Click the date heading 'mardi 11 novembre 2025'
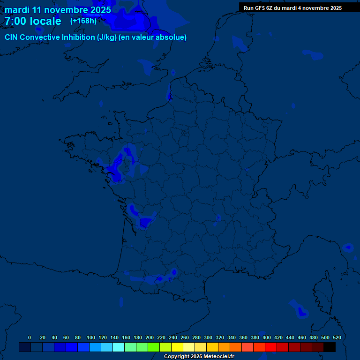(x=58, y=10)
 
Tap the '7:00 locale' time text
(x=33, y=21)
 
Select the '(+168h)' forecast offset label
(x=83, y=21)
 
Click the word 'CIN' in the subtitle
(x=11, y=37)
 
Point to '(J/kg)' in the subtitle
(x=108, y=37)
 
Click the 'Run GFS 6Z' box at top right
(x=292, y=8)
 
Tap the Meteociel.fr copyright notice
(x=199, y=356)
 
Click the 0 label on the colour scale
(x=30, y=337)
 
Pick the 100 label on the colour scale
(x=91, y=337)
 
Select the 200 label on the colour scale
(x=150, y=337)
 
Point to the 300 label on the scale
(x=208, y=337)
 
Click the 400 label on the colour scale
(x=267, y=337)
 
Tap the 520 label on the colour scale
(x=337, y=337)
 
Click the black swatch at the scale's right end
(x=330, y=347)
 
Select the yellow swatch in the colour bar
(x=177, y=347)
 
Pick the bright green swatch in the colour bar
(x=154, y=347)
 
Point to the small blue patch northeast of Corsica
(x=348, y=247)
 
